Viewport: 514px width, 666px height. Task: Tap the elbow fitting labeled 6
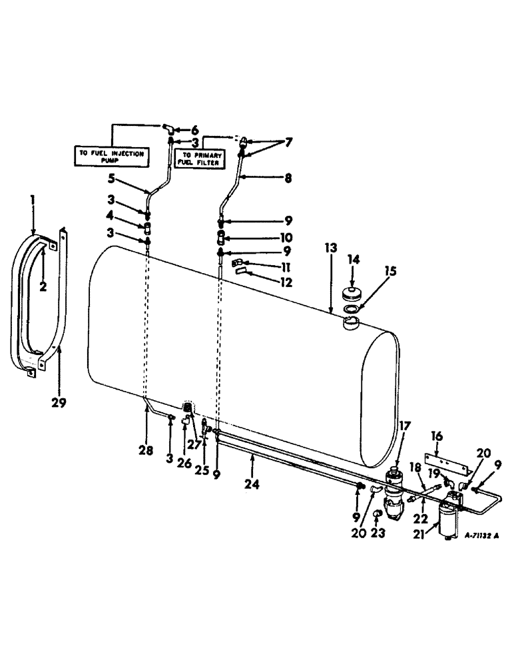[x=170, y=127]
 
